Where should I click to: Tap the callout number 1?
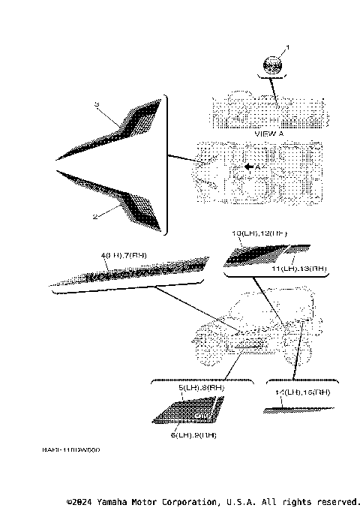pos(286,47)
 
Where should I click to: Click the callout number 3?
pos(97,103)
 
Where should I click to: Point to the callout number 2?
pos(94,215)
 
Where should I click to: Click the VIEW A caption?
pos(268,132)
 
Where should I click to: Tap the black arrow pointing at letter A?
pos(247,166)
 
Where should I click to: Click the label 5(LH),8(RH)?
pos(192,388)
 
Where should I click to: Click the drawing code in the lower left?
pos(71,450)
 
